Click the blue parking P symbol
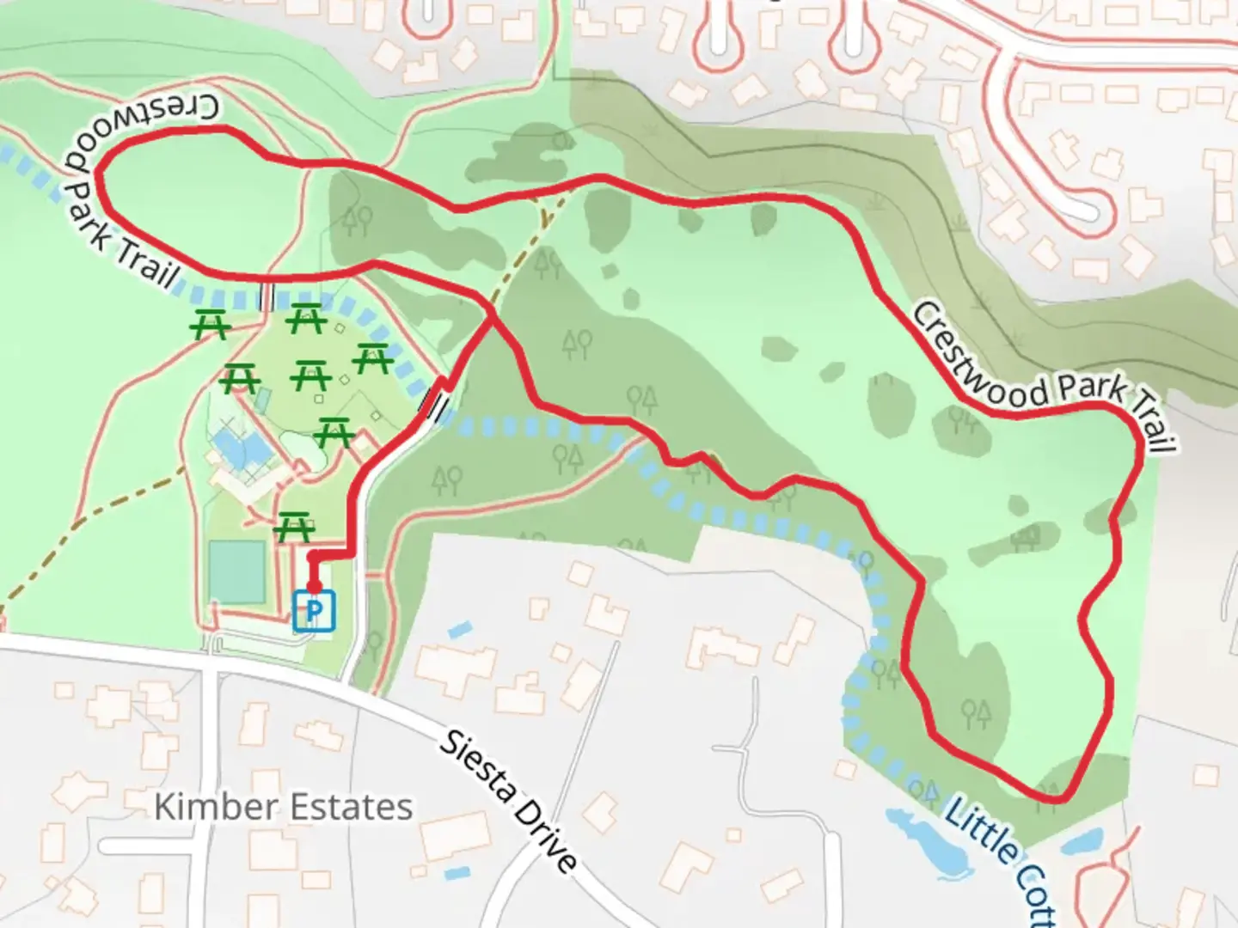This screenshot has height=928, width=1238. [314, 612]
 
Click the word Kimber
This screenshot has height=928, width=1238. [216, 807]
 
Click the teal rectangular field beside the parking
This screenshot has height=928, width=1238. [236, 571]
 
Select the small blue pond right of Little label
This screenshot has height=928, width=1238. [1085, 838]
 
